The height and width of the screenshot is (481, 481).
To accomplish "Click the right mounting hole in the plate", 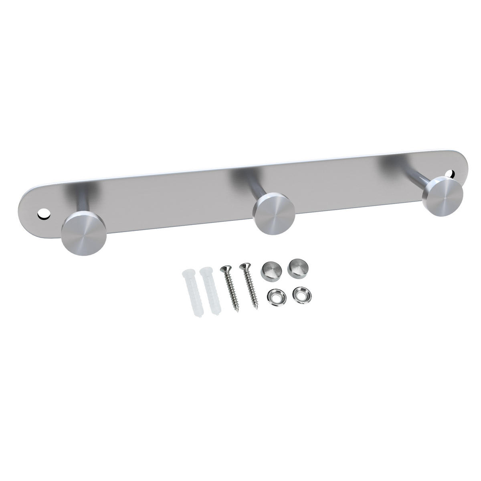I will point(452,174).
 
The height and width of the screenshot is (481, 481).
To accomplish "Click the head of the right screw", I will point(243,266).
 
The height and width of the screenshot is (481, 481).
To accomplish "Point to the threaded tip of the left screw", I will point(237,311).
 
